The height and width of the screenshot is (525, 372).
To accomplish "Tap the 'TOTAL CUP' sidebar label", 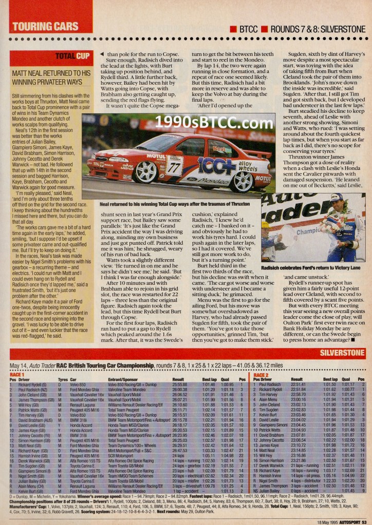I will (x=71, y=56).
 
